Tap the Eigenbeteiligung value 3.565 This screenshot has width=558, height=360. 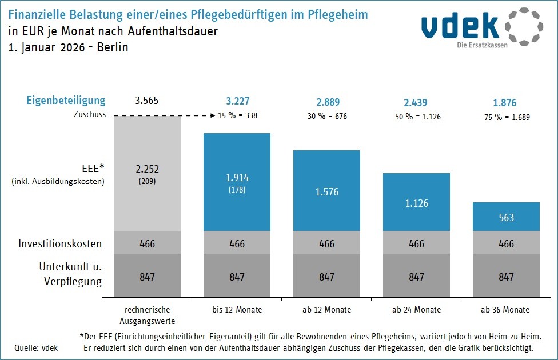tap(147, 102)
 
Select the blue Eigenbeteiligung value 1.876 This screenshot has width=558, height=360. tap(505, 103)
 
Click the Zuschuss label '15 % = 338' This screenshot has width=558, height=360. tap(237, 115)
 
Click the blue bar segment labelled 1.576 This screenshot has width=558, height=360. tap(326, 191)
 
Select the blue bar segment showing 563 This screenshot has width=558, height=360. tap(506, 217)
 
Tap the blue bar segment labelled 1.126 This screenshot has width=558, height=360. tap(416, 203)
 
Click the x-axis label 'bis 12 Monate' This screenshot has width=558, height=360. tap(237, 310)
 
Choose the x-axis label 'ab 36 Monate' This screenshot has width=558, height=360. tap(506, 310)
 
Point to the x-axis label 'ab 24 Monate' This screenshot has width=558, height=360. tap(416, 310)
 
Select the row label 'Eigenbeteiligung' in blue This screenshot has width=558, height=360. tap(66, 101)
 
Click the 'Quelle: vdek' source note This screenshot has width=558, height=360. tap(33, 347)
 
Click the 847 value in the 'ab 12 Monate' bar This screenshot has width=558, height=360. tap(326, 277)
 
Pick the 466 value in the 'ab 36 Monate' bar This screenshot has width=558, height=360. tap(506, 244)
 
